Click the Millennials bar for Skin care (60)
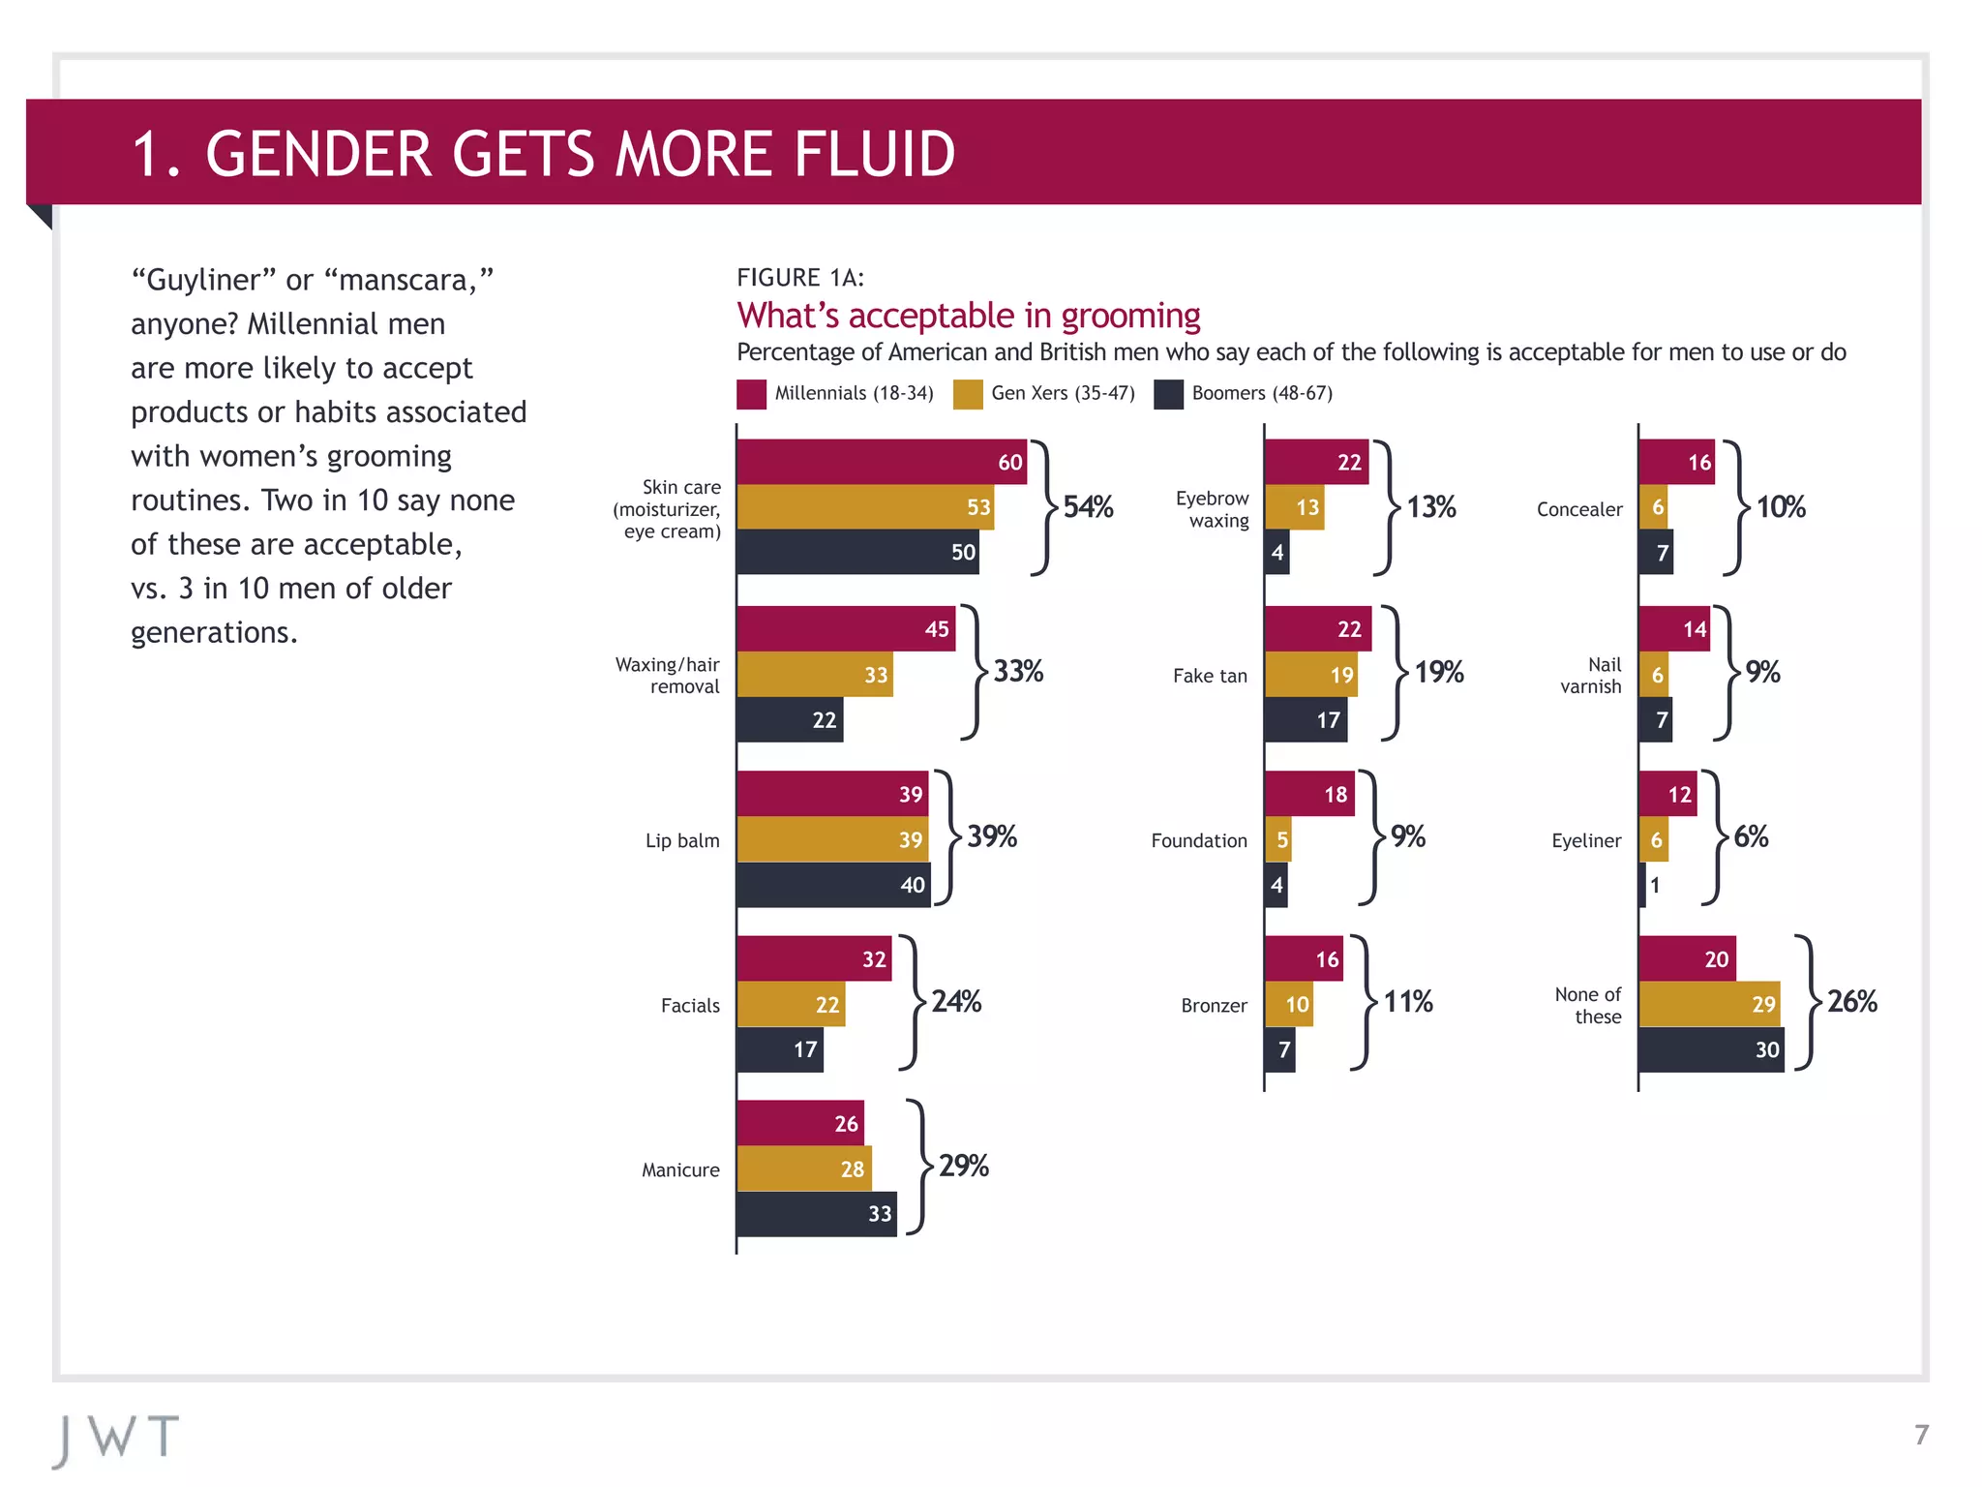pos(881,462)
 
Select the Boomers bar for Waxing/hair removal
pos(790,719)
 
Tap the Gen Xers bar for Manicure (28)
pos(803,1168)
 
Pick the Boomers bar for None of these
pos(1711,1049)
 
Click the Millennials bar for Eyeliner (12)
pos(1667,794)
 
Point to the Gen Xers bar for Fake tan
pos(1310,675)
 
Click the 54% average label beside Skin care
pos(1088,506)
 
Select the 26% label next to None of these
pos(1851,1001)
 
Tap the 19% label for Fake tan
pos(1438,672)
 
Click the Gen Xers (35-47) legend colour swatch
pos(968,394)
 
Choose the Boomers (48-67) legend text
pos(1262,393)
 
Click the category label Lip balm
pos(682,840)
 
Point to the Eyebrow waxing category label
pos(1212,509)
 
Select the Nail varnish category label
pos(1591,676)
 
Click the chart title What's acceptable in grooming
pos(968,316)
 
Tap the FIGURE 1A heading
pos(800,278)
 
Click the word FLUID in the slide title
pos(875,154)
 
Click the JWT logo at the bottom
pos(116,1439)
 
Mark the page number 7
pos(1921,1435)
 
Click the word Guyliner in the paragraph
pos(203,280)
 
